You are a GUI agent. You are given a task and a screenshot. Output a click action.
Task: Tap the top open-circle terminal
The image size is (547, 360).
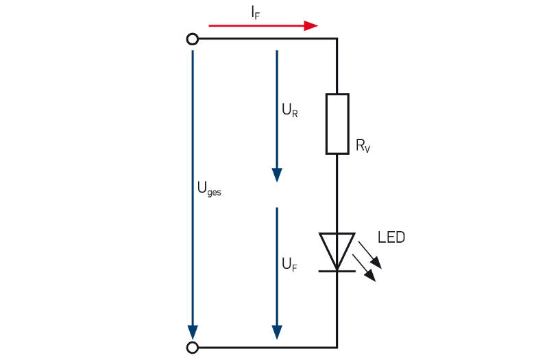click(193, 38)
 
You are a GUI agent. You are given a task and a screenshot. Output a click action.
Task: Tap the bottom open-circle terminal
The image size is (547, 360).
click(193, 348)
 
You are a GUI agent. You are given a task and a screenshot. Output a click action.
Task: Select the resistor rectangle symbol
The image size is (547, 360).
click(337, 123)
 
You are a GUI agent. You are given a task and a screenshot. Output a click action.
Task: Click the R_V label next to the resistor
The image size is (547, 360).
click(363, 145)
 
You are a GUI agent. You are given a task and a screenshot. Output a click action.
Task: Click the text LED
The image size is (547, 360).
click(391, 238)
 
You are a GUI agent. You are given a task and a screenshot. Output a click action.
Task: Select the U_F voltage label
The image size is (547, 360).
click(290, 265)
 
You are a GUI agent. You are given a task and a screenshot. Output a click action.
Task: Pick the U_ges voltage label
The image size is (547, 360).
click(209, 191)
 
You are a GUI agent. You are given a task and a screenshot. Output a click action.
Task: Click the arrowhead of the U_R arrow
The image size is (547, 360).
click(277, 175)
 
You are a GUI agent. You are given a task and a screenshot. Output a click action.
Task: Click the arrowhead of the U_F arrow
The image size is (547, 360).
click(277, 331)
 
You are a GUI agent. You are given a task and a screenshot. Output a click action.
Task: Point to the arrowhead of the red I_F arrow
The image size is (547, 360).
click(311, 25)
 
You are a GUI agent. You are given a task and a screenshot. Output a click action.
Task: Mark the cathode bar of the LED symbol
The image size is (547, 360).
click(337, 271)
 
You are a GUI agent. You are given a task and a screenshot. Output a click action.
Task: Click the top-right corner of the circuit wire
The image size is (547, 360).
click(337, 38)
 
